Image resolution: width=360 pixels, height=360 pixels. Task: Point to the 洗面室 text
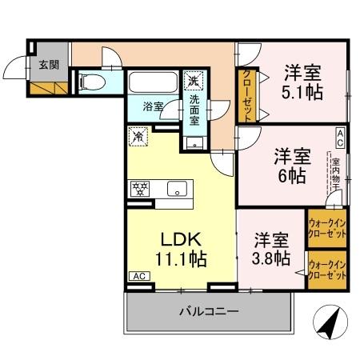pos(194,110)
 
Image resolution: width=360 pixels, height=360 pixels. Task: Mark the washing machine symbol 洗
pos(193,80)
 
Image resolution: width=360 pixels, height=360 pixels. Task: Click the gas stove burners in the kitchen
pos(139,190)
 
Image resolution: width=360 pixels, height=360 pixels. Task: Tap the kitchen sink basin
pos(177,190)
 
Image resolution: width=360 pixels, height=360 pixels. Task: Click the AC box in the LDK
pos(138,276)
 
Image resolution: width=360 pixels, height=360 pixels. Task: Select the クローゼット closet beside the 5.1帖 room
pos(246,94)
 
